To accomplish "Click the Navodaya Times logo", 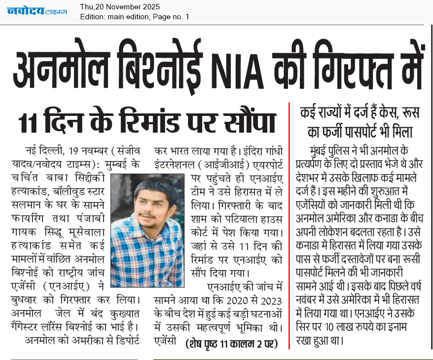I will click(x=37, y=10).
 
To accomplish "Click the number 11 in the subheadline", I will click(x=30, y=121).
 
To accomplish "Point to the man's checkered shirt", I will click(x=148, y=256).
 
